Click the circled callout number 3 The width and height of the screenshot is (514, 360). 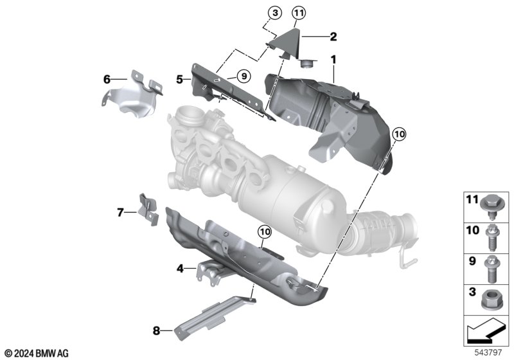(275, 13)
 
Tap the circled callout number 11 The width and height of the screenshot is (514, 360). (298, 13)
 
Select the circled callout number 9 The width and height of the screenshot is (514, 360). (244, 76)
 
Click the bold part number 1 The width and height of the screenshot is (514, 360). (333, 60)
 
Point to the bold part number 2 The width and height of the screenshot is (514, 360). (333, 37)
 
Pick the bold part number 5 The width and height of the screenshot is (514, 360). (179, 79)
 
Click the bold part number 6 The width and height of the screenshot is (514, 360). (107, 79)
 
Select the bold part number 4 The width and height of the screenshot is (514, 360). (180, 269)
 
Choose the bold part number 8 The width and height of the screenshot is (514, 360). (156, 331)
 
